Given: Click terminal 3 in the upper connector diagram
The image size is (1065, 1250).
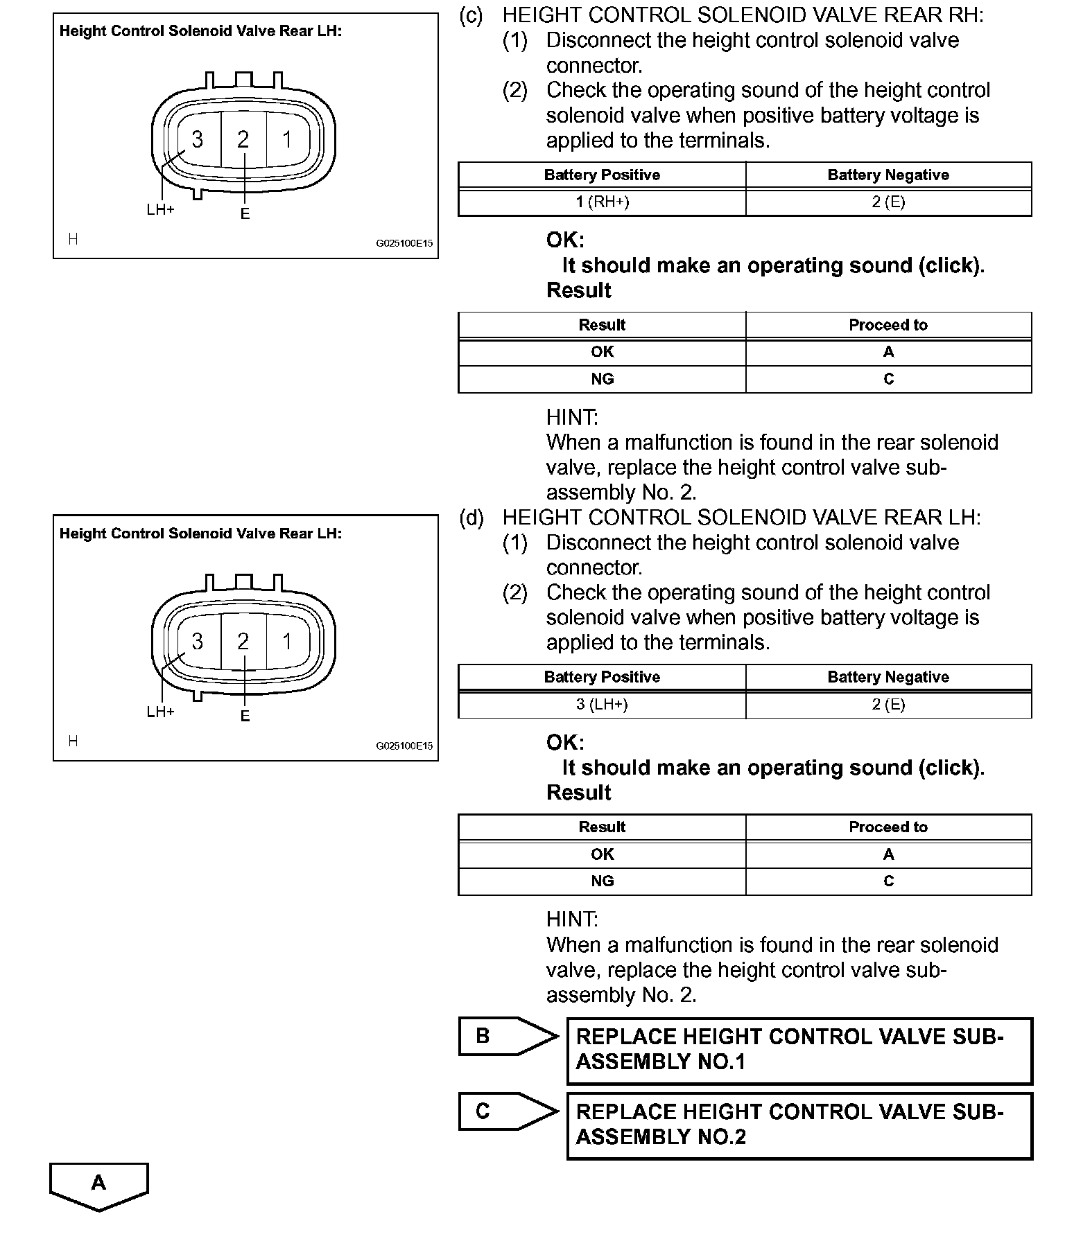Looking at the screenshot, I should [x=198, y=139].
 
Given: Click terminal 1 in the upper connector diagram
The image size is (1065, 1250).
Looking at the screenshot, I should [x=287, y=139].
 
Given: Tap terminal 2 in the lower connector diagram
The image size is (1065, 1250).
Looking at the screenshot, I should [x=243, y=642].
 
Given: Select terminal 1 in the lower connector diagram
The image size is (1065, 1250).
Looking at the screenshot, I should [x=287, y=642].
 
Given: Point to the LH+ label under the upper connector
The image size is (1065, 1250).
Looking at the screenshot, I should [x=160, y=209].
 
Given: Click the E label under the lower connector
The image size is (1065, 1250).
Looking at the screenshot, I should [x=245, y=716].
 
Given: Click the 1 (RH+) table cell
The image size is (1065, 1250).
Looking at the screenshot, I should [x=602, y=202].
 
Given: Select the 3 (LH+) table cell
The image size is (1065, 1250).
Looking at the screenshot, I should [x=602, y=705].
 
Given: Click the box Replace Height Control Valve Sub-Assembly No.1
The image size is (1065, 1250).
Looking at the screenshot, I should [x=799, y=1050].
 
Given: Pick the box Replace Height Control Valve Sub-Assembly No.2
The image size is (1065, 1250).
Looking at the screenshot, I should [x=799, y=1125].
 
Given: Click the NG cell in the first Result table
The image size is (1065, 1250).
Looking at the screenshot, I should [x=602, y=379].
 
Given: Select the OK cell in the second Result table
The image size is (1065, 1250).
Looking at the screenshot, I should [x=602, y=854].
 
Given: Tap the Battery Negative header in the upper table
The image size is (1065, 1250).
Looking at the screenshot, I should [x=888, y=175].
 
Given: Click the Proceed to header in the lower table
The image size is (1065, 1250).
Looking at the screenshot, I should [x=888, y=827].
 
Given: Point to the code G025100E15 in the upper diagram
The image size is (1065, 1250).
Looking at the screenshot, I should [x=404, y=244].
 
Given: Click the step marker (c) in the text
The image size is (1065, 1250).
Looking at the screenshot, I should [x=471, y=16].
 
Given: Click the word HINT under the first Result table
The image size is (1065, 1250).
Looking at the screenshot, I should [x=572, y=417].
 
